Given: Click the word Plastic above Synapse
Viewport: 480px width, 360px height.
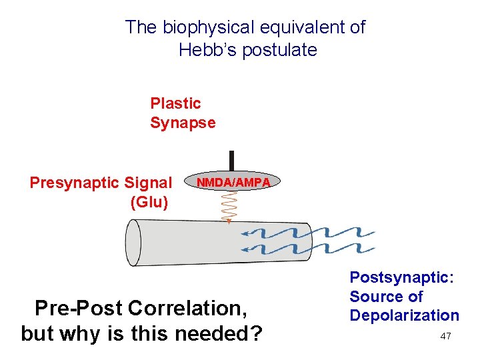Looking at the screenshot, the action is [175, 103].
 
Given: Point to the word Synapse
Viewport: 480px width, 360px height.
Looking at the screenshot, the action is [183, 123].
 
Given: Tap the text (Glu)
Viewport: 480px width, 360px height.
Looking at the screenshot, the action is [150, 201].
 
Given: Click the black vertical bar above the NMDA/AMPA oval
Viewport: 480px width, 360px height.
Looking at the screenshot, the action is [231, 161].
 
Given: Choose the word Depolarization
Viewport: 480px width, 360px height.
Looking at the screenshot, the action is [405, 315].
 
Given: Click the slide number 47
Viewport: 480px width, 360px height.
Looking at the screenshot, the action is [446, 336].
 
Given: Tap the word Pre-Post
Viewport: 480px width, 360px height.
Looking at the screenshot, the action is [79, 309].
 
